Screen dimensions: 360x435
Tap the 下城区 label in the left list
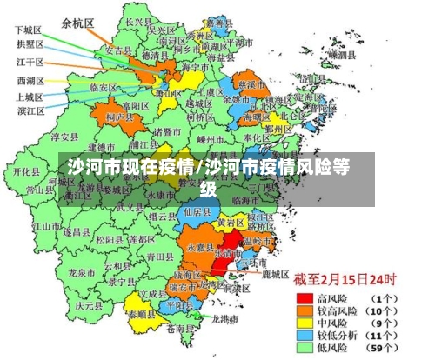tap(30, 29)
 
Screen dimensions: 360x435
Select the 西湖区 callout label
tap(30, 80)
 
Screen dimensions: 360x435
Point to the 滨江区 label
tap(30, 110)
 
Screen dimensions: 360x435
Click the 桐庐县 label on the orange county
tap(116, 116)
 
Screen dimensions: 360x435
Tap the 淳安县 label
tap(64, 137)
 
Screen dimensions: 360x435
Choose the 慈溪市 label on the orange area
tap(251, 86)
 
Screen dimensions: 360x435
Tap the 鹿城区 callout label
tap(275, 274)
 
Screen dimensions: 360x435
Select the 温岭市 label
tap(258, 240)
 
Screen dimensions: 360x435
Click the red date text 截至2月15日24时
tap(344, 280)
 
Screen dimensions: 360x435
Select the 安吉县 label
tap(117, 51)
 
